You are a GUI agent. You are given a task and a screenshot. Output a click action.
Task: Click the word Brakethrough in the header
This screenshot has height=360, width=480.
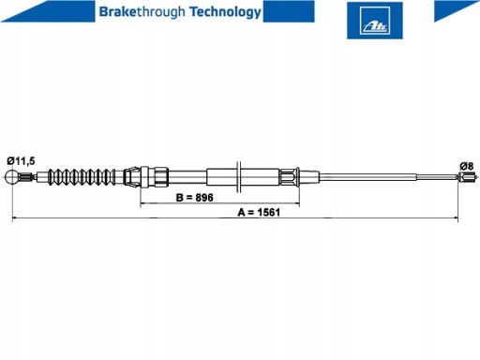pos(142,12)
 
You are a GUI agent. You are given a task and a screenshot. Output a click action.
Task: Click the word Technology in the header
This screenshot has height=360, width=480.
pos(225,12)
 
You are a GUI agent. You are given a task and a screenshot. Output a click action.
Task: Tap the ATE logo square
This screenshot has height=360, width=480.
pos(375,21)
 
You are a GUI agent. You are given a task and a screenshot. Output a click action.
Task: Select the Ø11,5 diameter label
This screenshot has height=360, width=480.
pos(21,161)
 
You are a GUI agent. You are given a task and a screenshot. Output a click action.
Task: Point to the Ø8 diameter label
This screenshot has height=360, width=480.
pos(467,166)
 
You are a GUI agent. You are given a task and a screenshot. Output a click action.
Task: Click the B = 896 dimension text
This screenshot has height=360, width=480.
pos(195,198)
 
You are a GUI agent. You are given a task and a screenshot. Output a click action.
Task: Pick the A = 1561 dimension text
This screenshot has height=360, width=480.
pos(259,213)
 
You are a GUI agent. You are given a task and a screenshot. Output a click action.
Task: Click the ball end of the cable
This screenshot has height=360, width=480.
pos(12,177)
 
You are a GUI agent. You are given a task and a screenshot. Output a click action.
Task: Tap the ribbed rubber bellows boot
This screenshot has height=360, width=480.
pos(81,177)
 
